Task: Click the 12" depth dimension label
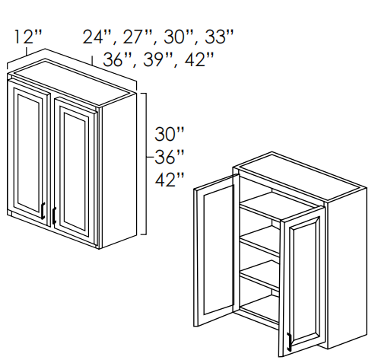pos(27,37)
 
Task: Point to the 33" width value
pos(218,37)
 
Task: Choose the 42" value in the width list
pos(199,59)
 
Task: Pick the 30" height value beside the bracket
pos(169,134)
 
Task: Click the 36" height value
pos(169,157)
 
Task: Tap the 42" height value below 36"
pos(169,180)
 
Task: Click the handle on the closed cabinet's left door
pos(43,211)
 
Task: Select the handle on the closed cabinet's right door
pos(54,215)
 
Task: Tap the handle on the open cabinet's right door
pos(289,342)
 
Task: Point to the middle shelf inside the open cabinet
pos(259,241)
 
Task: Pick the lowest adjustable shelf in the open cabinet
pos(259,276)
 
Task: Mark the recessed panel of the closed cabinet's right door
pos(75,172)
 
